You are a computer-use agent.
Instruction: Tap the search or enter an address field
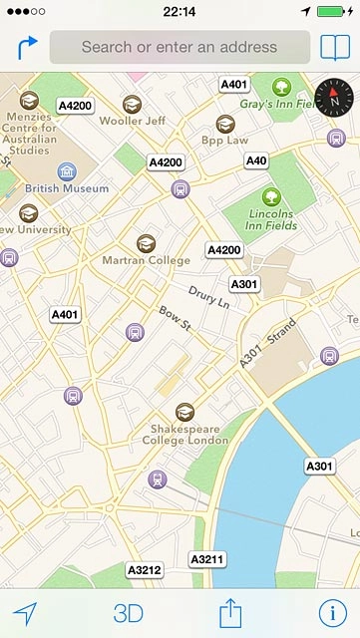click(x=180, y=47)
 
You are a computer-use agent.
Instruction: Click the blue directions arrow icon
click(x=27, y=47)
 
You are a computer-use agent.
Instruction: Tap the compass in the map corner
click(x=334, y=96)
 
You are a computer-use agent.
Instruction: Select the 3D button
click(x=128, y=613)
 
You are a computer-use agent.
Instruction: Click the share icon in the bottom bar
click(x=231, y=612)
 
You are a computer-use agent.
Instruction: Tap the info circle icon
click(x=332, y=613)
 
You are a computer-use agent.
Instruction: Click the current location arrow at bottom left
click(x=25, y=613)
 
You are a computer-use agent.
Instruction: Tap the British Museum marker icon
click(x=67, y=171)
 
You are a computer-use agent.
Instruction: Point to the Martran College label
click(x=146, y=260)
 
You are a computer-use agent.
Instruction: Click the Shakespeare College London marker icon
click(x=184, y=411)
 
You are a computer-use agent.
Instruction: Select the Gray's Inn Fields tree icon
click(x=281, y=86)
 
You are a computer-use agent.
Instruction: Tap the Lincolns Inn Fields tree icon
click(x=270, y=196)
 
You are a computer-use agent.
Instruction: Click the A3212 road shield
click(x=145, y=570)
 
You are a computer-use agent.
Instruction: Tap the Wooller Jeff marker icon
click(x=132, y=104)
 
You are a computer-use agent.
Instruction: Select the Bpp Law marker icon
click(x=225, y=124)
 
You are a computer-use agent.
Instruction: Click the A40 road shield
click(x=256, y=160)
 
